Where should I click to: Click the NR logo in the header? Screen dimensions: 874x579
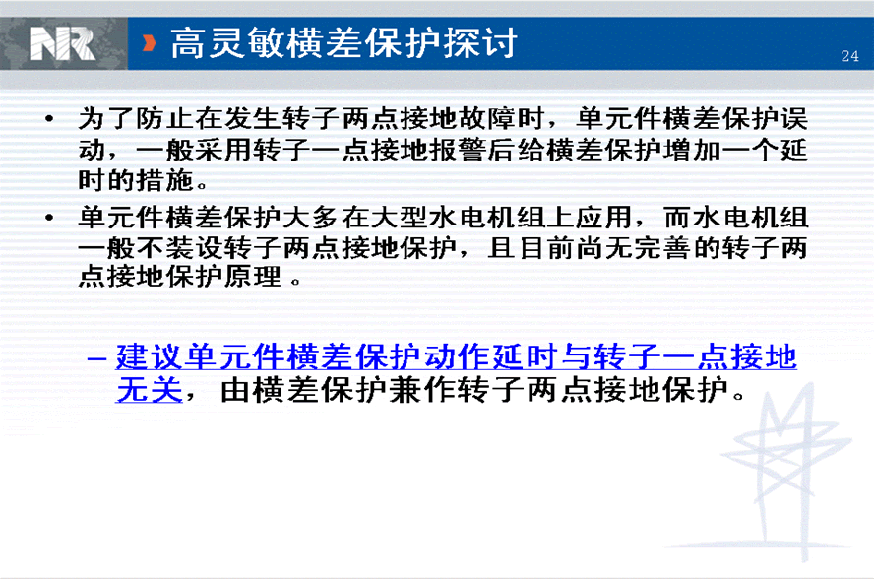[62, 43]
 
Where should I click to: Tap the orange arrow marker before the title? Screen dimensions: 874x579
[149, 43]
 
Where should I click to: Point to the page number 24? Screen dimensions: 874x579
[849, 56]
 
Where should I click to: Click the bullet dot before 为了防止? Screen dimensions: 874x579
[49, 118]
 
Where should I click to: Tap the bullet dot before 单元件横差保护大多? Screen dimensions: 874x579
[49, 217]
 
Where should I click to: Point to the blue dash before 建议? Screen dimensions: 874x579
[97, 357]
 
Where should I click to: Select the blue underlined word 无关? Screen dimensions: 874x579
[150, 389]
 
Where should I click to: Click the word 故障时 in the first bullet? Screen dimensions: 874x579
[501, 118]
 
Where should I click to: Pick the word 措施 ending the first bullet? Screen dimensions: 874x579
[164, 180]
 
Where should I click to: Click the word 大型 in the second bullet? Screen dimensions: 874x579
[400, 218]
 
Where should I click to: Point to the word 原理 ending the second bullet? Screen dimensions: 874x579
[253, 276]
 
